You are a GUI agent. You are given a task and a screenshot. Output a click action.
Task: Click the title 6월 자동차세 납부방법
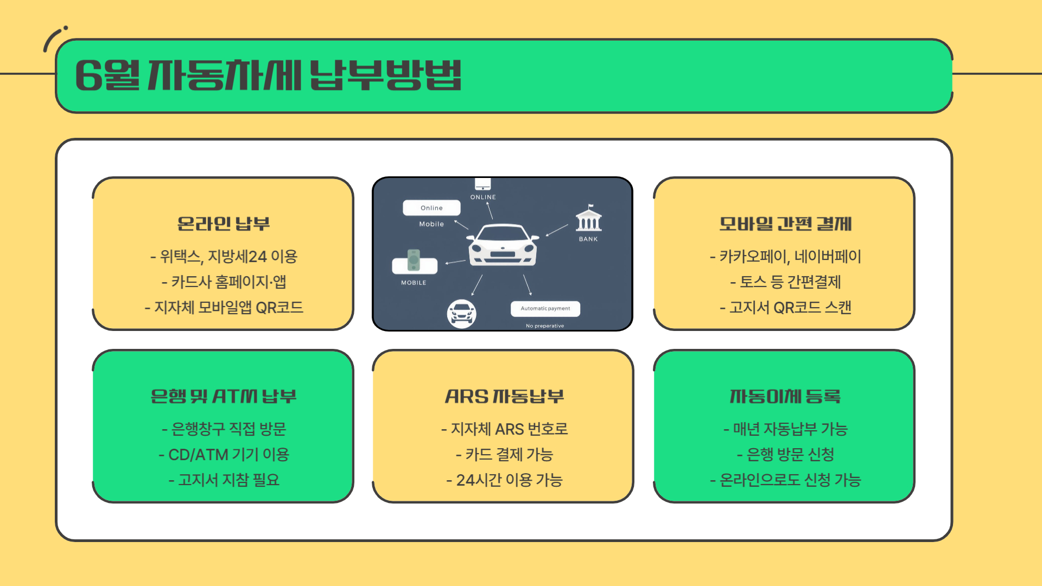pyautogui.click(x=268, y=75)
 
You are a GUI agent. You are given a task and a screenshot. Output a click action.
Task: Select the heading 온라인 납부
pyautogui.click(x=223, y=224)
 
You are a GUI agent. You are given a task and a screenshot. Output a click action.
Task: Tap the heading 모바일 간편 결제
pyautogui.click(x=785, y=224)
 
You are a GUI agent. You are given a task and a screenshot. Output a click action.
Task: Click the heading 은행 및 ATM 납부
pyautogui.click(x=223, y=396)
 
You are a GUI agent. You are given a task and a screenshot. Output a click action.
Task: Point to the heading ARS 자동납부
pyautogui.click(x=504, y=396)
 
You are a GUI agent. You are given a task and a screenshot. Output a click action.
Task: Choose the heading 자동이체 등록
pyautogui.click(x=785, y=396)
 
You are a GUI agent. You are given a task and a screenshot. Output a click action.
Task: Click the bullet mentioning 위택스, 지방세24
pyautogui.click(x=224, y=256)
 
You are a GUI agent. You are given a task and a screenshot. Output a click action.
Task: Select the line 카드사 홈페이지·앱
pyautogui.click(x=224, y=282)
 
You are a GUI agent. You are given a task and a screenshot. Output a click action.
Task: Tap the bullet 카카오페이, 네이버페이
pyautogui.click(x=785, y=256)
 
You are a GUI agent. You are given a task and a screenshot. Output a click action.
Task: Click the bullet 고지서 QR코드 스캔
pyautogui.click(x=785, y=307)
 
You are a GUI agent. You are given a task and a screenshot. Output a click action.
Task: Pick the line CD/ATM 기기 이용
pyautogui.click(x=224, y=454)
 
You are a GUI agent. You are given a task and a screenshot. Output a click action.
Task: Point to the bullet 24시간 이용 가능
pyautogui.click(x=504, y=480)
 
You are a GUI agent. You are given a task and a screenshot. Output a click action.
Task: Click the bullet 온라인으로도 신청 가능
pyautogui.click(x=785, y=480)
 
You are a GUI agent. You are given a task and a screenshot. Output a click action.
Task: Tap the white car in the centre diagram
pyautogui.click(x=503, y=245)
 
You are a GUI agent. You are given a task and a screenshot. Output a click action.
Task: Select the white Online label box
pyautogui.click(x=431, y=208)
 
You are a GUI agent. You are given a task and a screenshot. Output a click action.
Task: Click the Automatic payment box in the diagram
pyautogui.click(x=545, y=309)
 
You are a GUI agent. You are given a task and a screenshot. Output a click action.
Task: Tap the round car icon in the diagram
pyautogui.click(x=461, y=314)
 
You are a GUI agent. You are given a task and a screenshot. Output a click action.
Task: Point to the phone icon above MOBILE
pyautogui.click(x=414, y=260)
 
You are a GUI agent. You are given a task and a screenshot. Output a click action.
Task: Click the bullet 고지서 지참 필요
pyautogui.click(x=224, y=480)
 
